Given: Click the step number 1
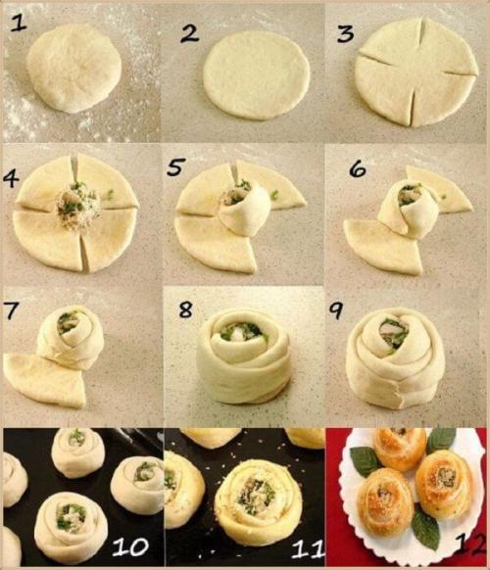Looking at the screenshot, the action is [19, 24].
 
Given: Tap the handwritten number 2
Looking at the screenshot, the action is [189, 33].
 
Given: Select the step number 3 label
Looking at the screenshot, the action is [345, 34].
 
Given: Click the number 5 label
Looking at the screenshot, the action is [175, 166].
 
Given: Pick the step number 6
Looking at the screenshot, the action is [358, 168].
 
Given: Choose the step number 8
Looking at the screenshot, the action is [186, 310].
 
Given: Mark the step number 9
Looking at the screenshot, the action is [336, 310].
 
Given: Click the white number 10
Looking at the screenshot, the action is [130, 546].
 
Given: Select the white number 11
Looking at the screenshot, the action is [308, 548].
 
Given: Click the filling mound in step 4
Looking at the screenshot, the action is [77, 206].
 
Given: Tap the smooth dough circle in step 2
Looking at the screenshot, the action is [256, 75].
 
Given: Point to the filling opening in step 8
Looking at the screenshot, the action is [241, 333].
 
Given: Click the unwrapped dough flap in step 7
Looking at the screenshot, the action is [44, 380].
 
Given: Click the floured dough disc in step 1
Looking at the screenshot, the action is [74, 68].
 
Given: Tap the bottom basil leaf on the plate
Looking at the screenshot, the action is [425, 528].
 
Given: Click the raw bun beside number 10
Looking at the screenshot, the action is [71, 523].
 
